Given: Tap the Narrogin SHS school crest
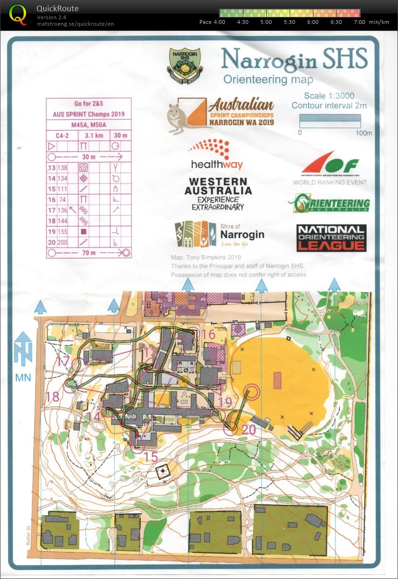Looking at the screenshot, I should click(x=184, y=66).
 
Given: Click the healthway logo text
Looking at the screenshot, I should click(x=217, y=165).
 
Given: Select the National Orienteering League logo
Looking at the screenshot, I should click(x=331, y=238).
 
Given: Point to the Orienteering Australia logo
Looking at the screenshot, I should click(x=329, y=204).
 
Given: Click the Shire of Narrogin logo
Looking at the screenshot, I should click(x=219, y=235).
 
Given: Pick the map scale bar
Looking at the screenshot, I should click(x=329, y=122).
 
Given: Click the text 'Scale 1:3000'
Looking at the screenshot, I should click(x=329, y=95).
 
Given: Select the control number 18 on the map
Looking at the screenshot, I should click(x=53, y=397).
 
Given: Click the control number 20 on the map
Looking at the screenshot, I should click(x=249, y=430).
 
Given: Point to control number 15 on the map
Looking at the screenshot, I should click(x=151, y=456).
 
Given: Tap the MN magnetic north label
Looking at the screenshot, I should click(x=23, y=377).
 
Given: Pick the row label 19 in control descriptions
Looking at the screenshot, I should click(x=51, y=231).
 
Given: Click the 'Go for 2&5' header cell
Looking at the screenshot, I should click(x=88, y=104).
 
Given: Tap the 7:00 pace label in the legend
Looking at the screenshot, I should click(x=359, y=22).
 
